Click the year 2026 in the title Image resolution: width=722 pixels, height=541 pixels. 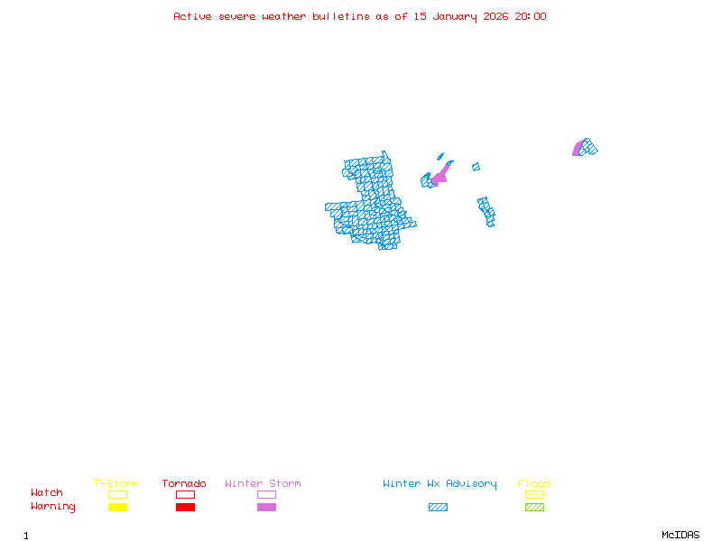(495, 16)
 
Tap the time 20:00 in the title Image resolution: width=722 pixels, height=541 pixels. (531, 16)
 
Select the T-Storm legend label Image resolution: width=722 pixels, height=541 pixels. (116, 484)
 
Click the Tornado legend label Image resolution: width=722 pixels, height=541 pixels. (184, 484)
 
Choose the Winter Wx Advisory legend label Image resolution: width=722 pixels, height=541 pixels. (440, 484)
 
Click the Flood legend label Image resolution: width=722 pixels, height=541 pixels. (534, 484)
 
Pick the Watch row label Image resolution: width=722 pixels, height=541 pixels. (47, 493)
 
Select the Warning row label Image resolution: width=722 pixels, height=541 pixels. (53, 507)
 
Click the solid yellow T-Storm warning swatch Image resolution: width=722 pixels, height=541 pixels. (117, 508)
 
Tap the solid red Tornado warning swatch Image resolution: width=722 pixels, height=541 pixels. (185, 508)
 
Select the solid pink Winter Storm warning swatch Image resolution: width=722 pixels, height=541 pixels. (266, 508)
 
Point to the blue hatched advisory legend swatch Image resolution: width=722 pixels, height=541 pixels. (438, 508)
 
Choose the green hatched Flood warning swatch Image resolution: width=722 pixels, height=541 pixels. (534, 508)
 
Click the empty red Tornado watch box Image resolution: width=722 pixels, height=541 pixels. (185, 494)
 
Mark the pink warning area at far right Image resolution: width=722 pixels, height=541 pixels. (577, 149)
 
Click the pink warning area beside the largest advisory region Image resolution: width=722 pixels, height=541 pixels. (440, 176)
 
